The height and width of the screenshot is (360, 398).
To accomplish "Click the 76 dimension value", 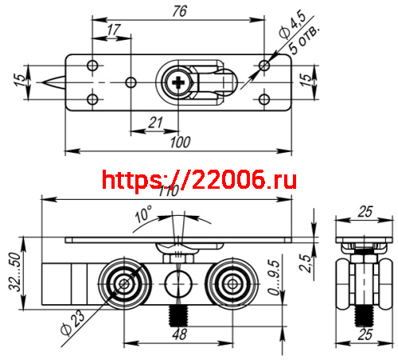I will pyautogui.click(x=180, y=10).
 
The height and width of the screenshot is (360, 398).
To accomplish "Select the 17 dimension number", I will pyautogui.click(x=113, y=29).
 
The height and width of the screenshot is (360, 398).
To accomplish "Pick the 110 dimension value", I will pyautogui.click(x=168, y=191).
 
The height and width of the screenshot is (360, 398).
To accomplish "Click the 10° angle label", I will pyautogui.click(x=142, y=215).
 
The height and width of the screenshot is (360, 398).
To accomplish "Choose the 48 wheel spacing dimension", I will pyautogui.click(x=180, y=335).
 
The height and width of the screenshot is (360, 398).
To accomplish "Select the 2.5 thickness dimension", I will pyautogui.click(x=305, y=262).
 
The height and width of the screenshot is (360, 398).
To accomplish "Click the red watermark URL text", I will pyautogui.click(x=200, y=179).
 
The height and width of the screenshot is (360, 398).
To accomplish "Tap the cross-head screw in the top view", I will pyautogui.click(x=180, y=82).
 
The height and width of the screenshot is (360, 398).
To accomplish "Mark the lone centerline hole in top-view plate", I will pyautogui.click(x=132, y=82).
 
